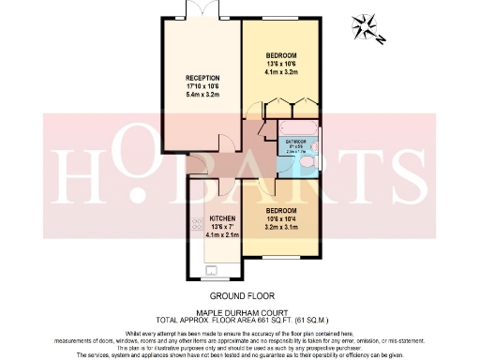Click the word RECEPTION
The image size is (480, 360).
[202, 79]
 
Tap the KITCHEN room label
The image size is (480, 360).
[221, 217]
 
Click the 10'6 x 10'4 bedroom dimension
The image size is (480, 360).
[281, 217]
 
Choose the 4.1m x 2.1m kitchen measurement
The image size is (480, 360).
[221, 235]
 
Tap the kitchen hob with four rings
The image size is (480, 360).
[198, 224]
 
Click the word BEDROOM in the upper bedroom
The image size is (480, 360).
[281, 54]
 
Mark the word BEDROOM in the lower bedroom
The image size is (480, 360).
[281, 208]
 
